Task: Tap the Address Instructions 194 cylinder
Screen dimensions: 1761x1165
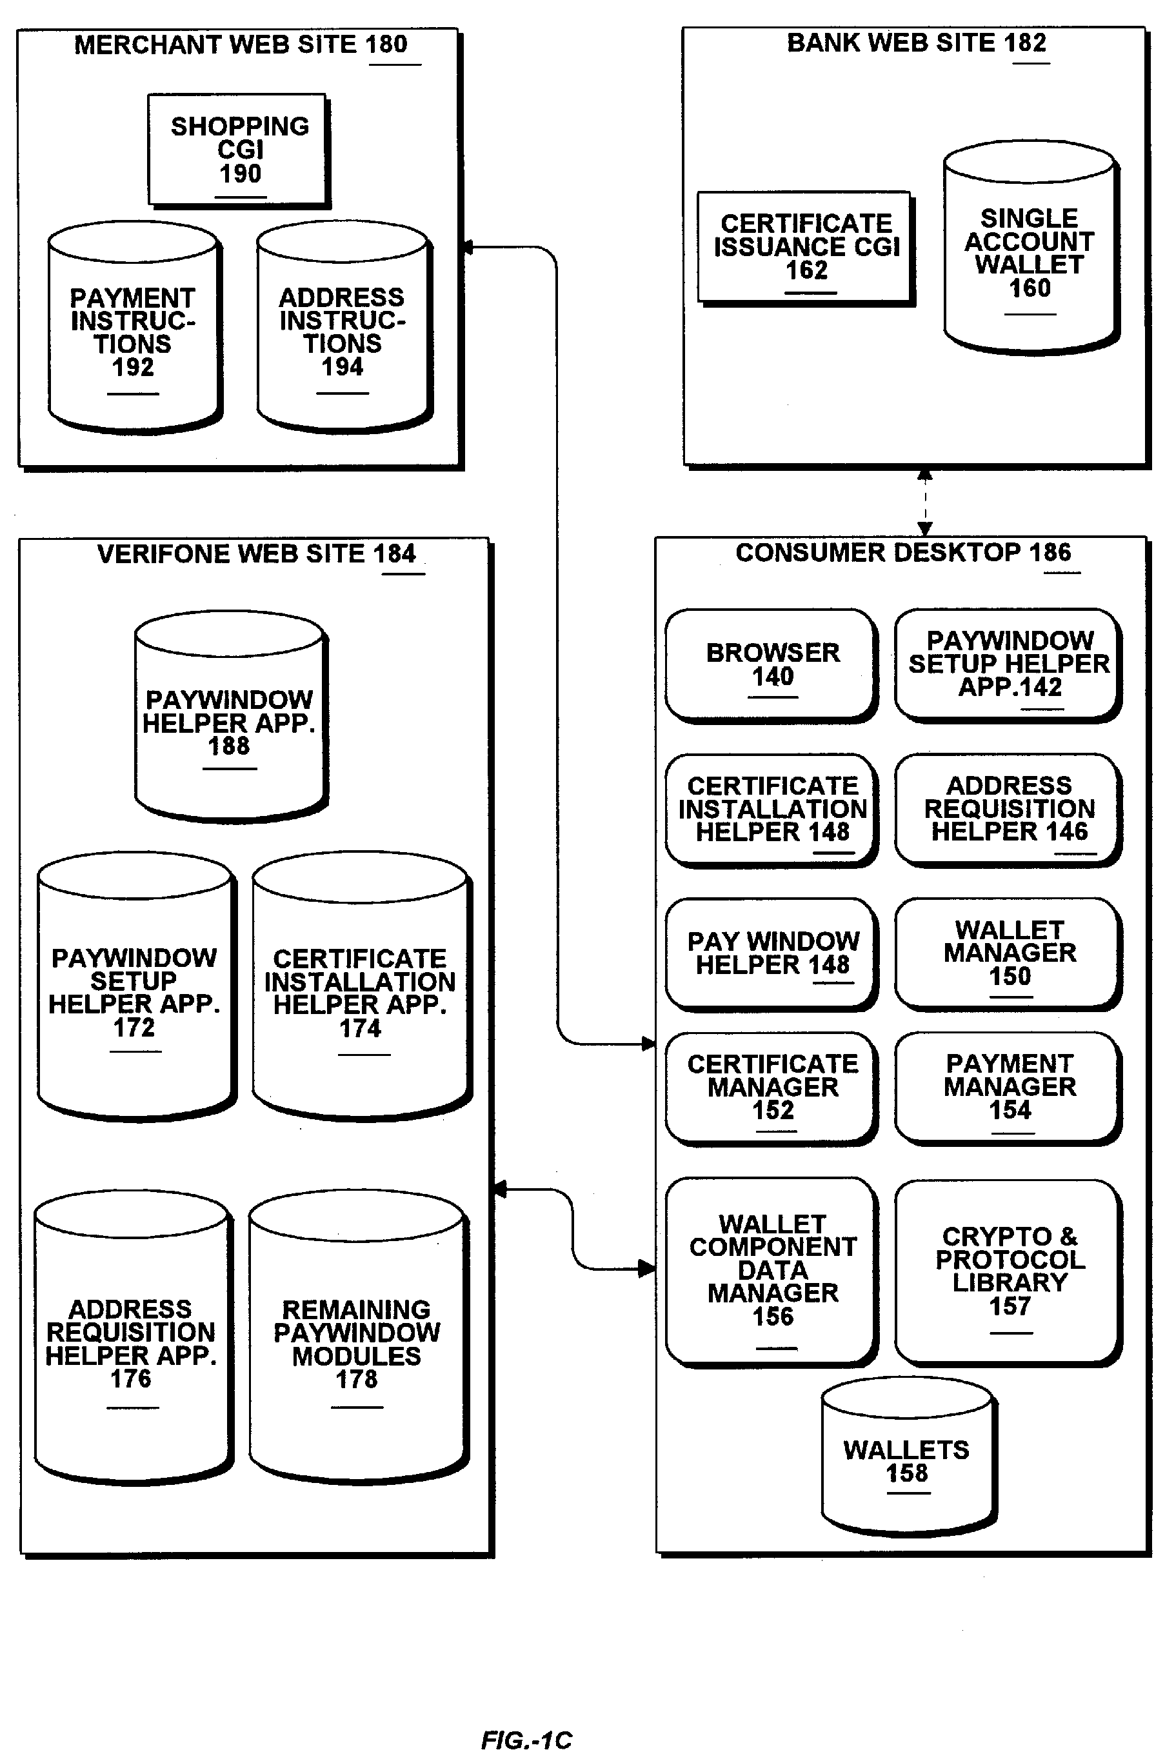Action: (x=343, y=332)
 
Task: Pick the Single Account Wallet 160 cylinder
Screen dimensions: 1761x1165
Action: (x=1029, y=253)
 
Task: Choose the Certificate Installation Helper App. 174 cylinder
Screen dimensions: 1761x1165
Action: (x=361, y=993)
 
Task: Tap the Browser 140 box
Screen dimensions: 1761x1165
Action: (x=772, y=664)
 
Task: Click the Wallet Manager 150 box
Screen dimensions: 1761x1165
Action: (x=1008, y=953)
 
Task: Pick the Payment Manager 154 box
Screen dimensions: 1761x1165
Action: (x=1008, y=1086)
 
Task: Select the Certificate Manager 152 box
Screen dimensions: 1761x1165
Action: (x=772, y=1086)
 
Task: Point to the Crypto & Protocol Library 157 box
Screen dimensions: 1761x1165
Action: (x=1008, y=1271)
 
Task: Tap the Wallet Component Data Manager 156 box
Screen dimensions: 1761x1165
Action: (x=772, y=1271)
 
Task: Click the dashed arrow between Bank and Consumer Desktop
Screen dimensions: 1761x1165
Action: (x=924, y=502)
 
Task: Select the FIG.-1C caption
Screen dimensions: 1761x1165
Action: (x=526, y=1740)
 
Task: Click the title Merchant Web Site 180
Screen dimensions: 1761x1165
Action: (x=241, y=45)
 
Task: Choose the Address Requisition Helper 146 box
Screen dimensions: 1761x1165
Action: (x=1008, y=808)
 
